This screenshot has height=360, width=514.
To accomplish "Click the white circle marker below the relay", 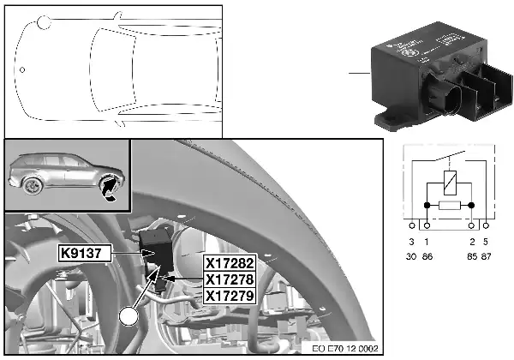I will [x=129, y=317].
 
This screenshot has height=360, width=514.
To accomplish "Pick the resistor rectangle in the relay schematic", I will [x=451, y=206].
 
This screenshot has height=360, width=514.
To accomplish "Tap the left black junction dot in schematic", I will [x=427, y=206].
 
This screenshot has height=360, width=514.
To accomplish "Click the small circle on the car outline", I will [x=23, y=70].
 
